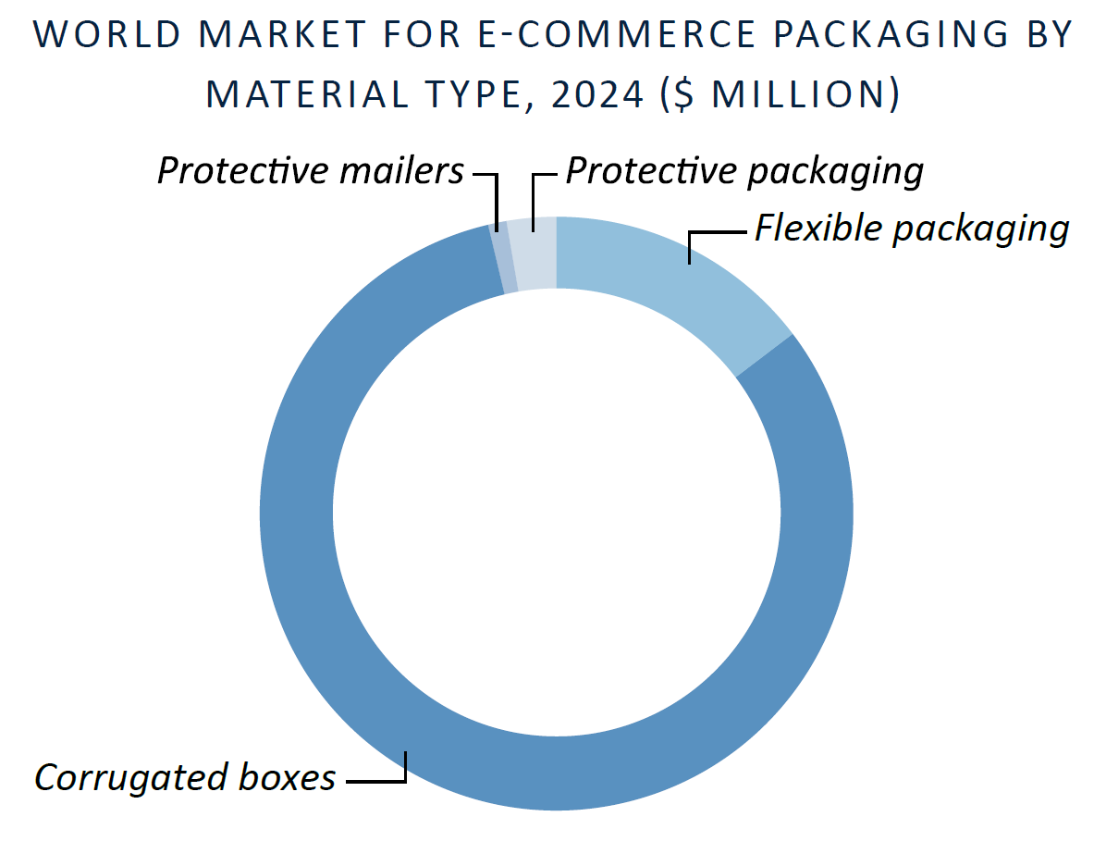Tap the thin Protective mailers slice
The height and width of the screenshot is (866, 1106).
tap(503, 258)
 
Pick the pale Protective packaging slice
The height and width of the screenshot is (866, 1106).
tap(533, 254)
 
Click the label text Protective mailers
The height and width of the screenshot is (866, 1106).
tap(311, 171)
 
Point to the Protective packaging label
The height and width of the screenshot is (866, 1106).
tap(744, 171)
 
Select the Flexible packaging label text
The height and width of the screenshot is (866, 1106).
tap(912, 229)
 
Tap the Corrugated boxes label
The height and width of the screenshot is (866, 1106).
tap(185, 778)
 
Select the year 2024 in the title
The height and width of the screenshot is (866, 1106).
tap(597, 94)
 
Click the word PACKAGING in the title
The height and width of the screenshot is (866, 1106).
tap(891, 34)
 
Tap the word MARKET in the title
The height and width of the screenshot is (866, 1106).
tap(282, 34)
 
